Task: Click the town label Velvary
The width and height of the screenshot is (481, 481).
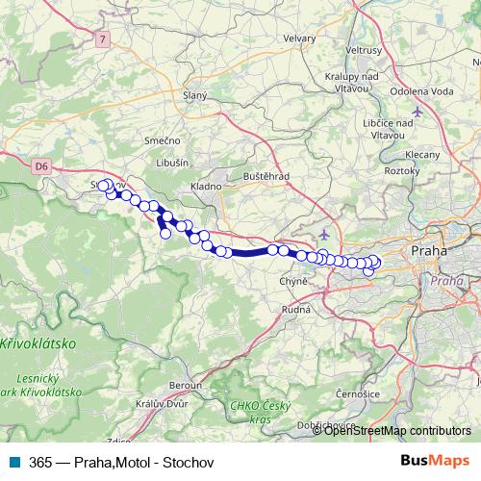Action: pos(298,38)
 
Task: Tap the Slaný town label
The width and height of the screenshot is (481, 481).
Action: pos(194,95)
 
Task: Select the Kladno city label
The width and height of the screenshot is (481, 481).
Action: pos(206,186)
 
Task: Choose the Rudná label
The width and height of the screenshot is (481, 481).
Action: pos(295,310)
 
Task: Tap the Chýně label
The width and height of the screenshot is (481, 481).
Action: pos(291,281)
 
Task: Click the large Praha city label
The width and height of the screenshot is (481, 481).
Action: pos(428,250)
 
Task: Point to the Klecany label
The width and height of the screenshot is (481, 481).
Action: pos(423,154)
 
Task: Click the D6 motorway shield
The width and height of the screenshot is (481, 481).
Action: pos(40,166)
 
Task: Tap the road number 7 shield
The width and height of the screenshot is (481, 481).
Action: pos(103,39)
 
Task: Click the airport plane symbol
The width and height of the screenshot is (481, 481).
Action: pos(325,234)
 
